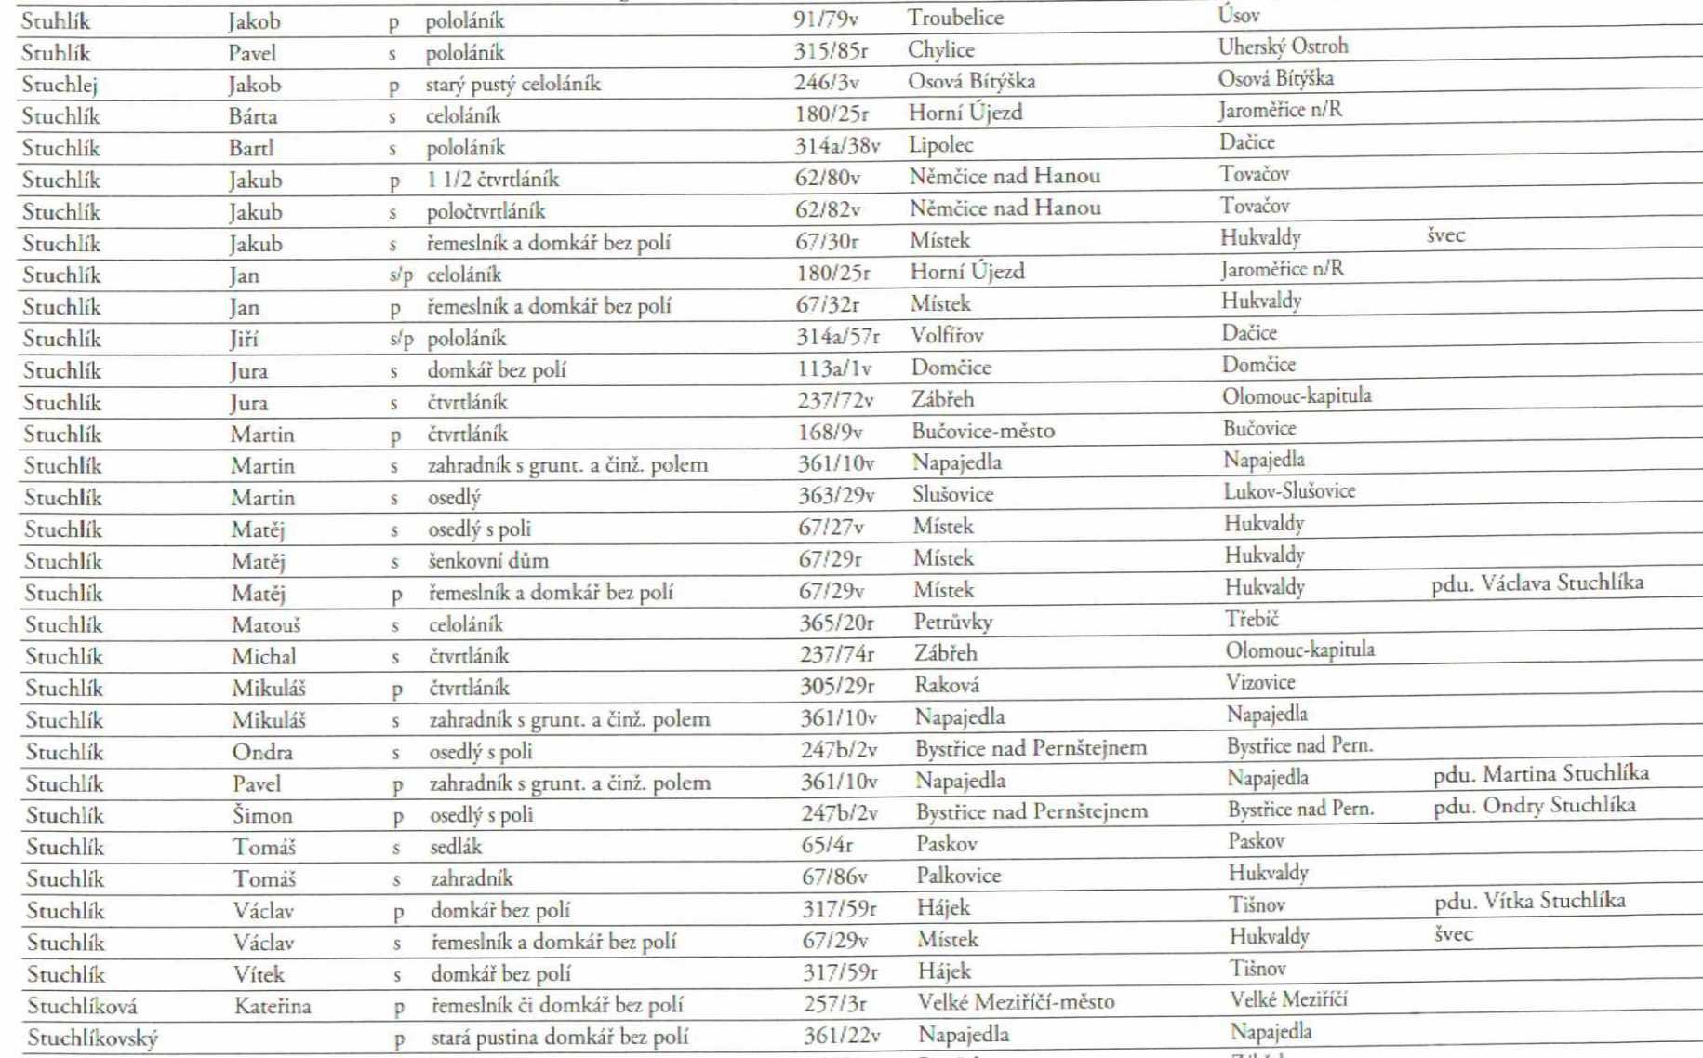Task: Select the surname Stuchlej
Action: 59,85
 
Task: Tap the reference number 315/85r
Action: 830,51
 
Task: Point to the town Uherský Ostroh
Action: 1283,47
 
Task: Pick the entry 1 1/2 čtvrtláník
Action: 492,179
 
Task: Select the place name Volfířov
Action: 947,335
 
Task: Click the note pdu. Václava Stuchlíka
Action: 1537,583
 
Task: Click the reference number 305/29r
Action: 836,687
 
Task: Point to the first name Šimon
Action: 262,815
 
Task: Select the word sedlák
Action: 456,847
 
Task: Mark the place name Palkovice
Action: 958,876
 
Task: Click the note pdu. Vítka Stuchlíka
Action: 1529,901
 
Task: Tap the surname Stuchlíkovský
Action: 92,1038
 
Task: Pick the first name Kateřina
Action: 273,1006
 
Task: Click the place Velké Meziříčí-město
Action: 1016,1002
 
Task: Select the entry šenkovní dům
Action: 488,560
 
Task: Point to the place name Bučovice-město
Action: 982,431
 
